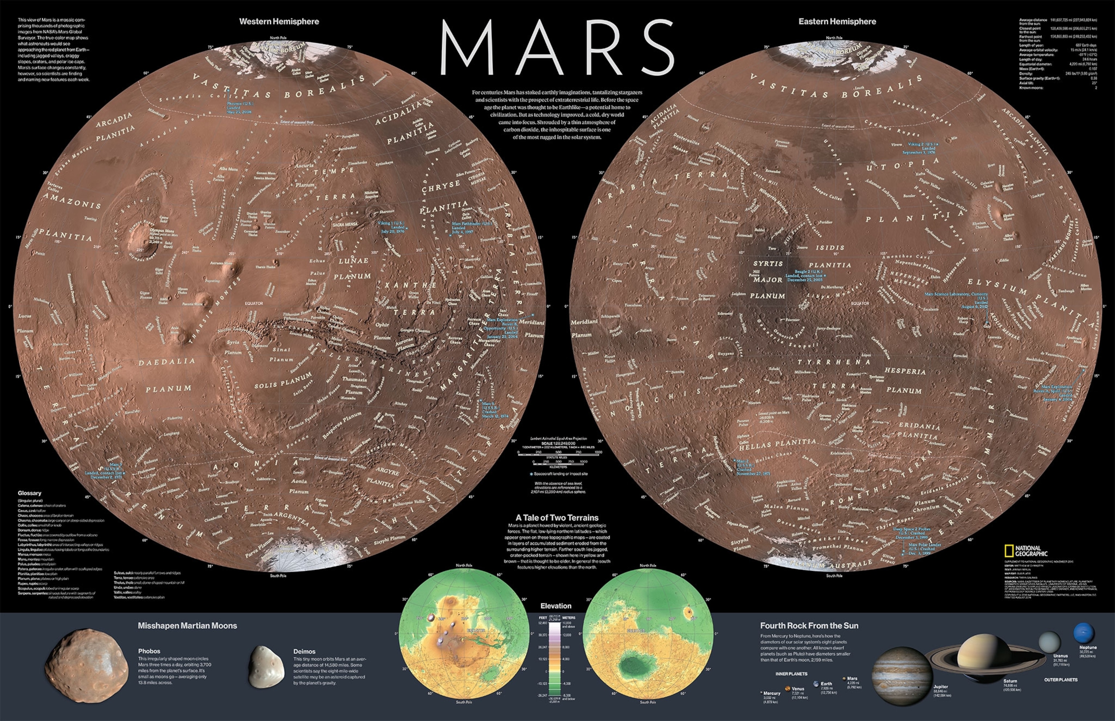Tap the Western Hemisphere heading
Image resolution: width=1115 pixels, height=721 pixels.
tap(279, 21)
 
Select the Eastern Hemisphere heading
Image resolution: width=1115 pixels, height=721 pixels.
tap(837, 21)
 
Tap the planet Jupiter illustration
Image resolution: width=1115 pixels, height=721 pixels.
tap(901, 676)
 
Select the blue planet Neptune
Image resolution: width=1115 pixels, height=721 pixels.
tap(1084, 634)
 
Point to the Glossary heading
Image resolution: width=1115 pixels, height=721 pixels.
tap(29, 493)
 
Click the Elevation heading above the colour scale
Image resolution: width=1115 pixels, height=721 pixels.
tap(556, 606)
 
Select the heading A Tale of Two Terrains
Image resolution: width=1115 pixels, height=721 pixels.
tap(557, 518)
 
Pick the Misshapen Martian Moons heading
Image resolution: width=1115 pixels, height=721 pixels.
tap(187, 626)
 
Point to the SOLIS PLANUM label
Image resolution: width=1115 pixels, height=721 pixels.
tap(283, 381)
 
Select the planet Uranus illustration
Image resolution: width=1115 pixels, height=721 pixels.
tap(1049, 641)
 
